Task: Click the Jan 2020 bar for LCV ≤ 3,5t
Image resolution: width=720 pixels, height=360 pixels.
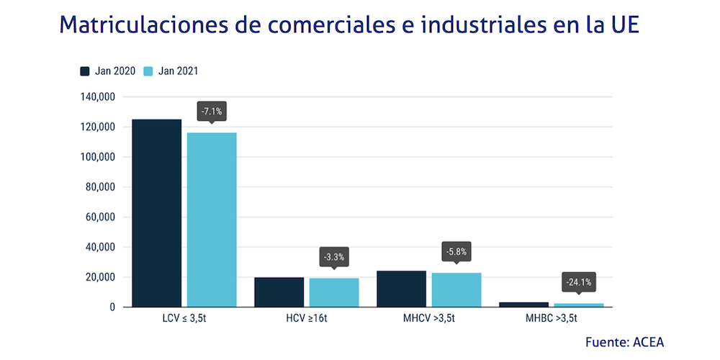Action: pos(157,213)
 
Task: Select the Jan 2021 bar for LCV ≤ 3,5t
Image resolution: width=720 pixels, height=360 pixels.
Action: pos(212,220)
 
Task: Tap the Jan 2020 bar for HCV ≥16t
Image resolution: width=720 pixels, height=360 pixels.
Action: pos(279,292)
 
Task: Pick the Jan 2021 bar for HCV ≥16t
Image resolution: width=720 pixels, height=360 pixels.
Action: pos(334,293)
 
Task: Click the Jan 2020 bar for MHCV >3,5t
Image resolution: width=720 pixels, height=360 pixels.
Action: pos(401,289)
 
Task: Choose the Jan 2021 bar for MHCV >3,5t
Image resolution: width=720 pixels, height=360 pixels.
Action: pos(456,290)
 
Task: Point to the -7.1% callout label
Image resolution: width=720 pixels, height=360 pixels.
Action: pos(212,112)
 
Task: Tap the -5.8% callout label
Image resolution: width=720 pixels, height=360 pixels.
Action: pos(456,252)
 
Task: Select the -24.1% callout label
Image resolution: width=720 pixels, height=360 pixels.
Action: pos(579,282)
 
